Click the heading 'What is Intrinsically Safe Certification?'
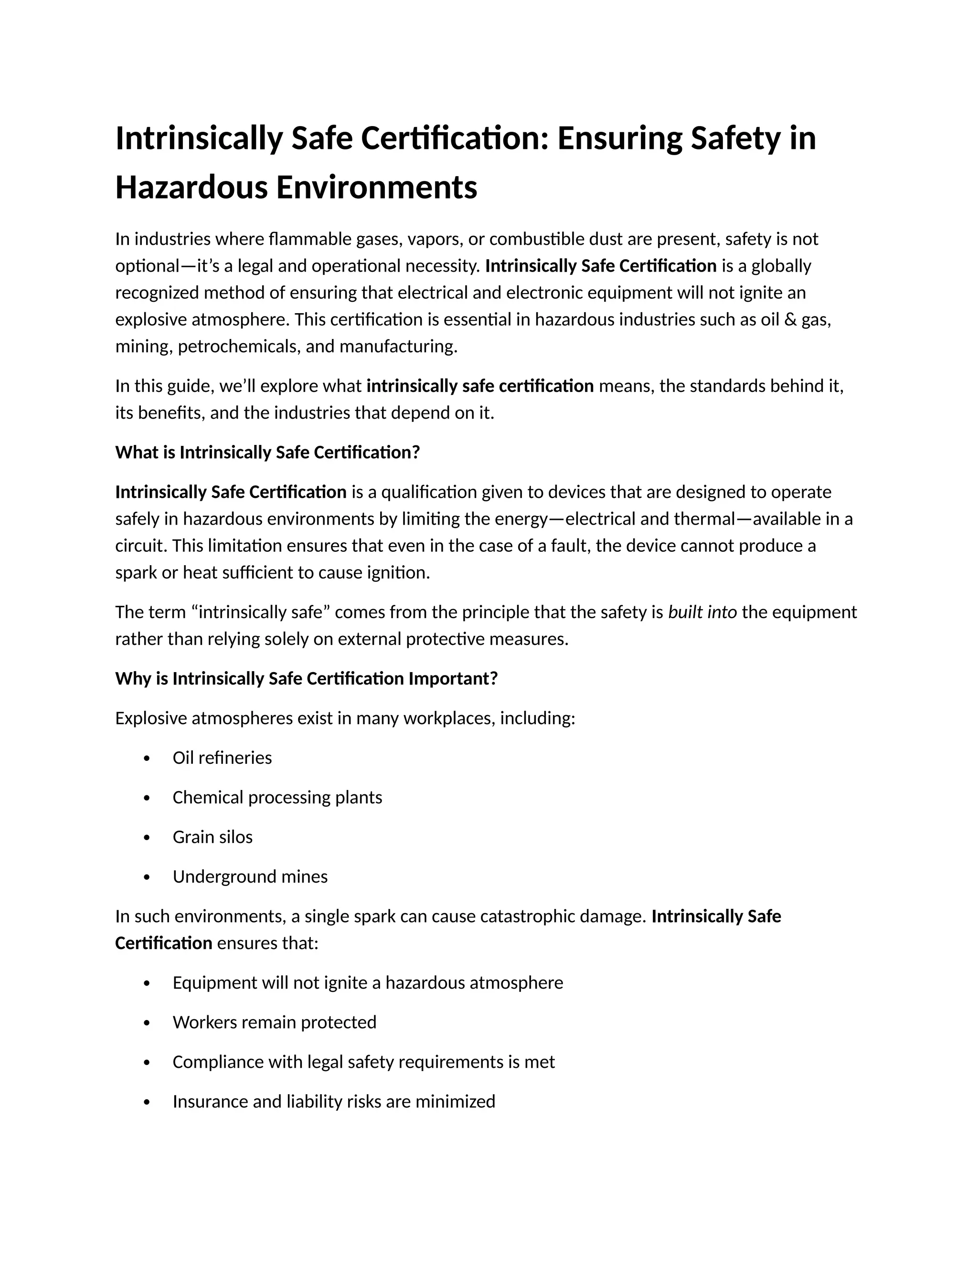267,453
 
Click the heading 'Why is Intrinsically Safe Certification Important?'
307,678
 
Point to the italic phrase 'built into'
702,611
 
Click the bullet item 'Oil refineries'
222,758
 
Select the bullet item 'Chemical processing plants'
277,797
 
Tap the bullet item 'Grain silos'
212,837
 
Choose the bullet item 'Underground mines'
250,876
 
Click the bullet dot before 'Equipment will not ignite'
147,983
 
